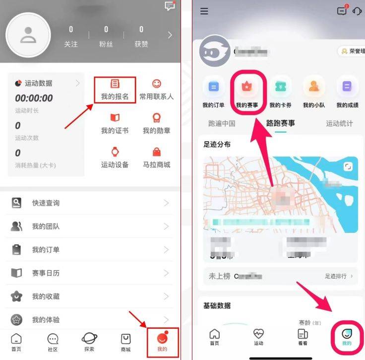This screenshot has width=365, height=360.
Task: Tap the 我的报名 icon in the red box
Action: [115, 84]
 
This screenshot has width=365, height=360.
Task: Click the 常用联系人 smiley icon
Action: [156, 84]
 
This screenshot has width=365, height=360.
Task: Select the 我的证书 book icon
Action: [115, 118]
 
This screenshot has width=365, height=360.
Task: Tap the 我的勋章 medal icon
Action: [156, 118]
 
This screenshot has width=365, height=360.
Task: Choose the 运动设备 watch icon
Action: [115, 152]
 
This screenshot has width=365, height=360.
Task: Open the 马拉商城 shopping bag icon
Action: [156, 152]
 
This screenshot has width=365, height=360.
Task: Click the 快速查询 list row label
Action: [46, 203]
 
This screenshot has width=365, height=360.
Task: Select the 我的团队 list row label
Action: [46, 226]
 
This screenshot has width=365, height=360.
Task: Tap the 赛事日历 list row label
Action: [46, 273]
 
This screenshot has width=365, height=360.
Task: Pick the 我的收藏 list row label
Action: [46, 296]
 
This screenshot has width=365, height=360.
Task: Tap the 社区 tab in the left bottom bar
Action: [53, 342]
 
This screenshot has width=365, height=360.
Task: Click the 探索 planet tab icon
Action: [89, 338]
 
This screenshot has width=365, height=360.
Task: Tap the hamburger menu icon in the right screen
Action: [204, 11]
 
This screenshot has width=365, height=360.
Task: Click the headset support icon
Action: [357, 11]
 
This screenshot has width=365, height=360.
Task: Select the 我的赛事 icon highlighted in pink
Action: [246, 87]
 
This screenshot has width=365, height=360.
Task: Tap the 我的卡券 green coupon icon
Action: [280, 87]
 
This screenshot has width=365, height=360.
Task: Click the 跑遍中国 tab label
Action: [222, 124]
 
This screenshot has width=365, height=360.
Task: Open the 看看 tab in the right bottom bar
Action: [303, 337]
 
